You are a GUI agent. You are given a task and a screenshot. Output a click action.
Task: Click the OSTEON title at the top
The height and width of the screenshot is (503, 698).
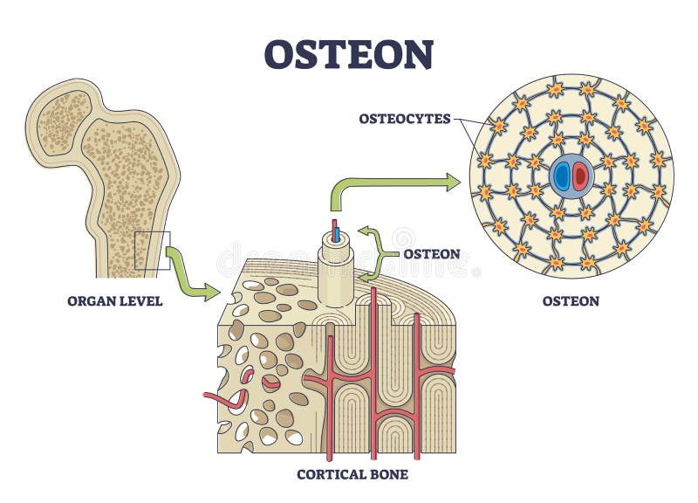click(349, 54)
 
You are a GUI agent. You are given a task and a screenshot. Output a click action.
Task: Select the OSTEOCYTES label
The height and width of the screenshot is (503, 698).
click(406, 119)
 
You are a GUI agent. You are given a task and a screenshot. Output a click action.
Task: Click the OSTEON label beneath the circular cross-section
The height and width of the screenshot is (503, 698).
click(571, 301)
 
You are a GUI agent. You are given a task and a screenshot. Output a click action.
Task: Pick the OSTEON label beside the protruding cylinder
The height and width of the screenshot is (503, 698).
click(431, 253)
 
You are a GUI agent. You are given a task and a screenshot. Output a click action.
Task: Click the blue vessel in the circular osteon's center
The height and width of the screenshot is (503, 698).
click(561, 177)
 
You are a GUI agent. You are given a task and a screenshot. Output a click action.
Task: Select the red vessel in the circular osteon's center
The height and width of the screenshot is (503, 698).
click(580, 177)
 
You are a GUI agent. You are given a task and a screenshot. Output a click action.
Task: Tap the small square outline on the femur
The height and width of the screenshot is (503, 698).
click(152, 251)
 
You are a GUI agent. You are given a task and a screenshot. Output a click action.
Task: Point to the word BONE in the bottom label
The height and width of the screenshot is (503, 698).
click(384, 475)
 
